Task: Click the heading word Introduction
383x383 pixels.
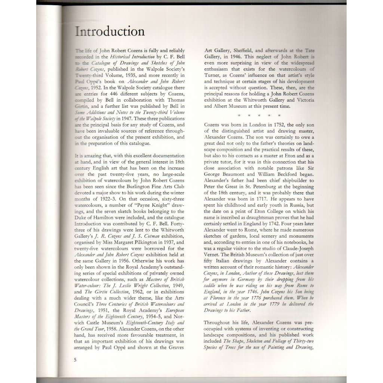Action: tap(110, 31)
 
